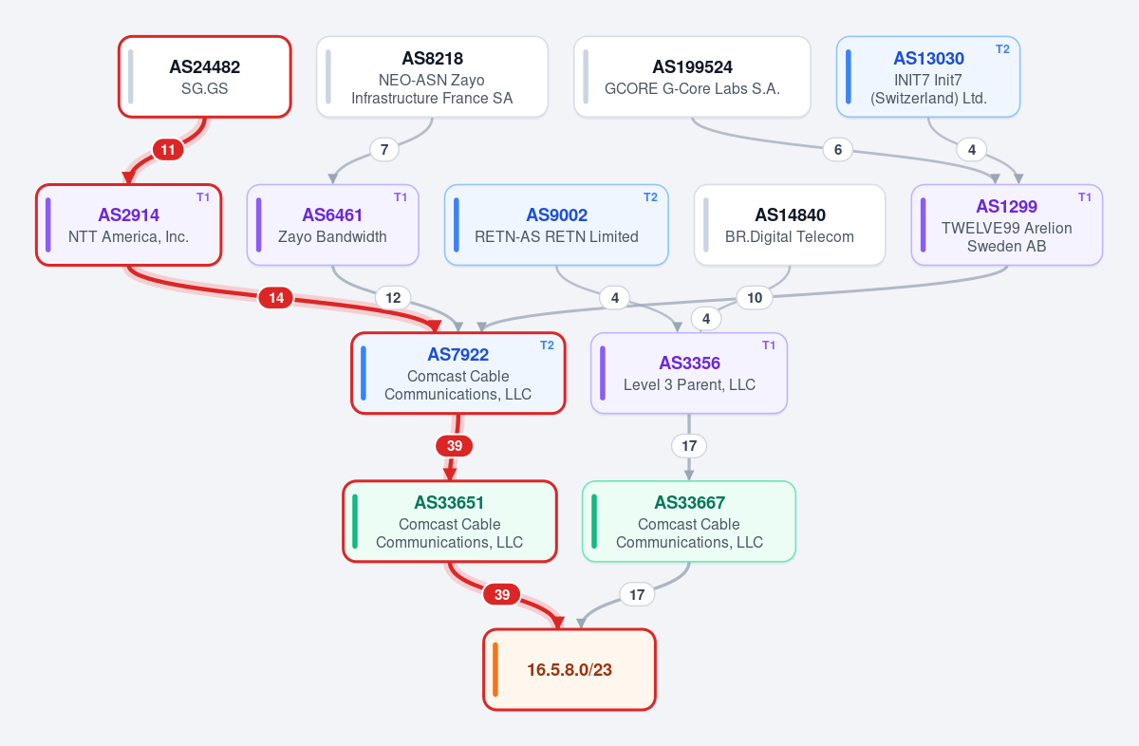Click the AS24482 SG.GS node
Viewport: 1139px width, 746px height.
coord(205,77)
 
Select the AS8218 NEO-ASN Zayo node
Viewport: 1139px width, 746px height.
coord(432,77)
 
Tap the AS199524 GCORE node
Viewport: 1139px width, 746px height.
coord(692,77)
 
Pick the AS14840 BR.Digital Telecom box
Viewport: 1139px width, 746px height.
coord(790,225)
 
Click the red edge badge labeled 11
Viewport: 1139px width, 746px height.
coord(168,150)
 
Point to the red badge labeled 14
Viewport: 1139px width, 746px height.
coord(276,298)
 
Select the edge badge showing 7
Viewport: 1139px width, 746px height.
coord(384,150)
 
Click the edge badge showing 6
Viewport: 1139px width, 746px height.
coord(837,150)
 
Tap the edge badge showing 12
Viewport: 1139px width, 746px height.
coord(393,298)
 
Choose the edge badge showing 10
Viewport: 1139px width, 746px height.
coord(755,298)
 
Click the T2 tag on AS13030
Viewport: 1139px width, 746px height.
coord(1002,49)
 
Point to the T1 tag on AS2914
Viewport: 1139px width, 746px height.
coord(203,197)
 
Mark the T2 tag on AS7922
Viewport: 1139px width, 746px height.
coord(547,345)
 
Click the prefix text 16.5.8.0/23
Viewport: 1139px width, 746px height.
coord(569,670)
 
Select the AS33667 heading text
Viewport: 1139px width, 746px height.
coord(689,502)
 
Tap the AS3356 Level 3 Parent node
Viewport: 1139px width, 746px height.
coord(689,373)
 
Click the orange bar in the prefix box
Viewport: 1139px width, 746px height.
coord(495,669)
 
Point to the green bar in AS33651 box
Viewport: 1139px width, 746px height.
coord(355,521)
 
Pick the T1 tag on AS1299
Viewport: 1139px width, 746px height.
coord(1085,197)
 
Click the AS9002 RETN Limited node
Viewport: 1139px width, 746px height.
coord(556,225)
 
